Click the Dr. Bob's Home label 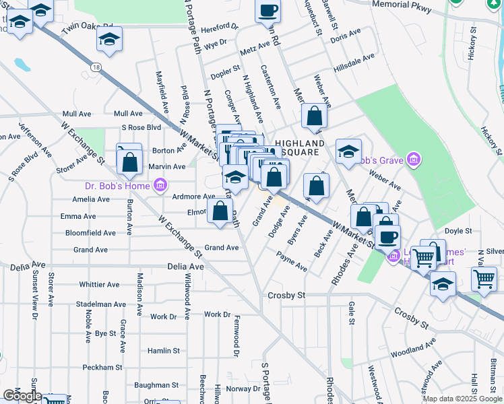click(x=118, y=185)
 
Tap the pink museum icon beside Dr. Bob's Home click(x=160, y=184)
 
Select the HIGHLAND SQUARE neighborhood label click(x=300, y=147)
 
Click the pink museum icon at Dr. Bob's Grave click(x=415, y=160)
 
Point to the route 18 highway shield click(x=97, y=67)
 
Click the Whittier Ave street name click(x=99, y=285)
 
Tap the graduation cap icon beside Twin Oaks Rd click(x=108, y=39)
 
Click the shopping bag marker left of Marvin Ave click(x=129, y=162)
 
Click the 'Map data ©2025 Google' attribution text click(x=462, y=399)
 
